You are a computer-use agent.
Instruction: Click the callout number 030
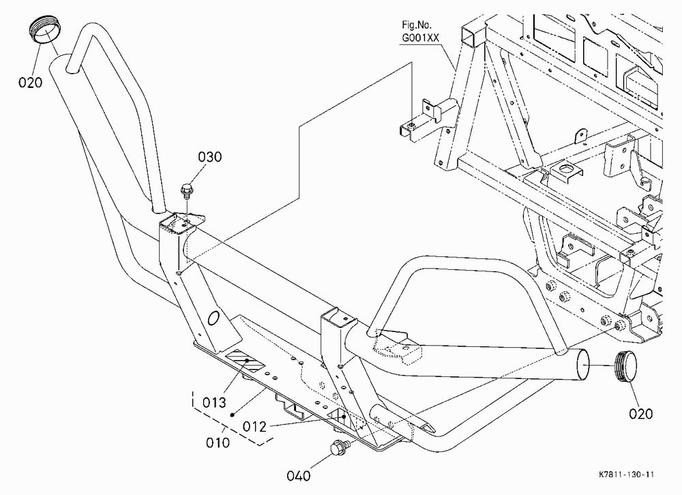pyautogui.click(x=210, y=157)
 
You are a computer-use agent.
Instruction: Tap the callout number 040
pyautogui.click(x=299, y=476)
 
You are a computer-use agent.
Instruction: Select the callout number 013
pyautogui.click(x=214, y=402)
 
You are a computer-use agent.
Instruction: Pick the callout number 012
pyautogui.click(x=254, y=426)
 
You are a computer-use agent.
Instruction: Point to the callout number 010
pyautogui.click(x=218, y=442)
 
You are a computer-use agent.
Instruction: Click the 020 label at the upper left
pyautogui.click(x=31, y=82)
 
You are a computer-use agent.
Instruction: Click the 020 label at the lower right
pyautogui.click(x=641, y=414)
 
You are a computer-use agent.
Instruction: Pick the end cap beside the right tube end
pyautogui.click(x=625, y=365)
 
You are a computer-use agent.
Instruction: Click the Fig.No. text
pyautogui.click(x=417, y=25)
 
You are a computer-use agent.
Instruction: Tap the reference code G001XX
pyautogui.click(x=421, y=38)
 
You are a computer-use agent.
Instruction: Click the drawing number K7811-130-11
pyautogui.click(x=626, y=475)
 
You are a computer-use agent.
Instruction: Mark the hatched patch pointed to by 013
pyautogui.click(x=246, y=360)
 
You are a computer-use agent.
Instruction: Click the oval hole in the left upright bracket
pyautogui.click(x=213, y=318)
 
